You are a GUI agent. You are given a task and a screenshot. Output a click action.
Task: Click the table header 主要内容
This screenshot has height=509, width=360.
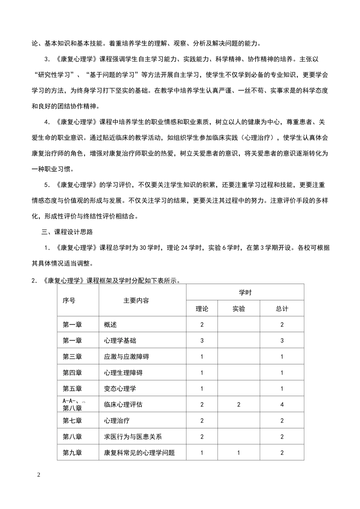[x=136, y=300]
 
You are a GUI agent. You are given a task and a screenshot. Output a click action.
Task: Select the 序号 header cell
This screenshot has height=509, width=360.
[x=69, y=300]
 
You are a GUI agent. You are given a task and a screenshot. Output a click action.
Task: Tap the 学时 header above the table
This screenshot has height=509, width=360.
[x=245, y=292]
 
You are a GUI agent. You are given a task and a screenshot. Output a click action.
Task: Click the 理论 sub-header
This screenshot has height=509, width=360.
[x=202, y=309]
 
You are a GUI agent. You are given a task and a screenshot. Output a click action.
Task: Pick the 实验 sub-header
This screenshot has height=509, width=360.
[x=239, y=309]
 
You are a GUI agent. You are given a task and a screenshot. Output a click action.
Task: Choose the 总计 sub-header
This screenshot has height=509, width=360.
[x=282, y=309]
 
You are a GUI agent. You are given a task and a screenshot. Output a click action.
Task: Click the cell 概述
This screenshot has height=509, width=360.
[x=111, y=325]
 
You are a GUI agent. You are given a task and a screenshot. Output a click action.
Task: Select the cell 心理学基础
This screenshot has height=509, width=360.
[x=120, y=340]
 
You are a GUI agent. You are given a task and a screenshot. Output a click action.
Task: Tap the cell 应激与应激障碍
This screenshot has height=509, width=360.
[x=127, y=356]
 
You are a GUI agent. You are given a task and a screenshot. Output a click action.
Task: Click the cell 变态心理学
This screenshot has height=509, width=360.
[x=120, y=389]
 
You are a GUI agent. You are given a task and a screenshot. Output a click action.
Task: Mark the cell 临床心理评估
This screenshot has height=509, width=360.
[x=124, y=404]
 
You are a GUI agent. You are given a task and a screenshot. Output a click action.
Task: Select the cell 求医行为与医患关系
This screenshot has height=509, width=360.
[x=133, y=437]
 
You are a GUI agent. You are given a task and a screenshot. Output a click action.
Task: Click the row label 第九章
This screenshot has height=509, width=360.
[x=72, y=453]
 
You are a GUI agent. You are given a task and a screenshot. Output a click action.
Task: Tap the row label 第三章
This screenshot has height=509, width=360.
[x=72, y=356]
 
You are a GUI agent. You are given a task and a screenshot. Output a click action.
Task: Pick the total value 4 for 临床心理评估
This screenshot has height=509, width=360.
[x=282, y=404]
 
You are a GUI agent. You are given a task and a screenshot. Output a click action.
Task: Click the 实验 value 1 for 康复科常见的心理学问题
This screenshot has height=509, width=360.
[x=239, y=453]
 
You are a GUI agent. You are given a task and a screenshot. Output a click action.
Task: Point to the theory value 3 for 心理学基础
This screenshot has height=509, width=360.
[x=202, y=340]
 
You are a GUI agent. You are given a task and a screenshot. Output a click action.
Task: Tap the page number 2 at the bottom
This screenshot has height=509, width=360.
[x=39, y=475]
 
